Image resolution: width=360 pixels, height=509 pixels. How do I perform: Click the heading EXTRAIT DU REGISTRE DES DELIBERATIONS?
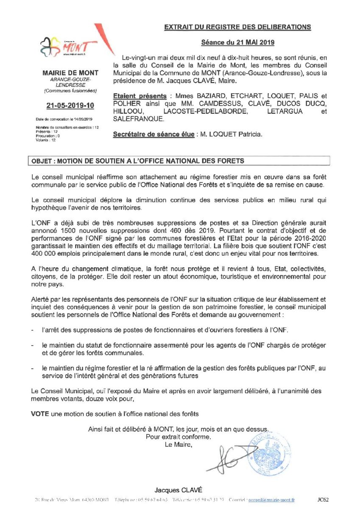tap(237, 27)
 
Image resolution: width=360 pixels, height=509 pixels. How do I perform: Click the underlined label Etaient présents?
tap(135, 97)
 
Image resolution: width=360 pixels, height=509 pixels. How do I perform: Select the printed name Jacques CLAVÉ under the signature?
tap(173, 489)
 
